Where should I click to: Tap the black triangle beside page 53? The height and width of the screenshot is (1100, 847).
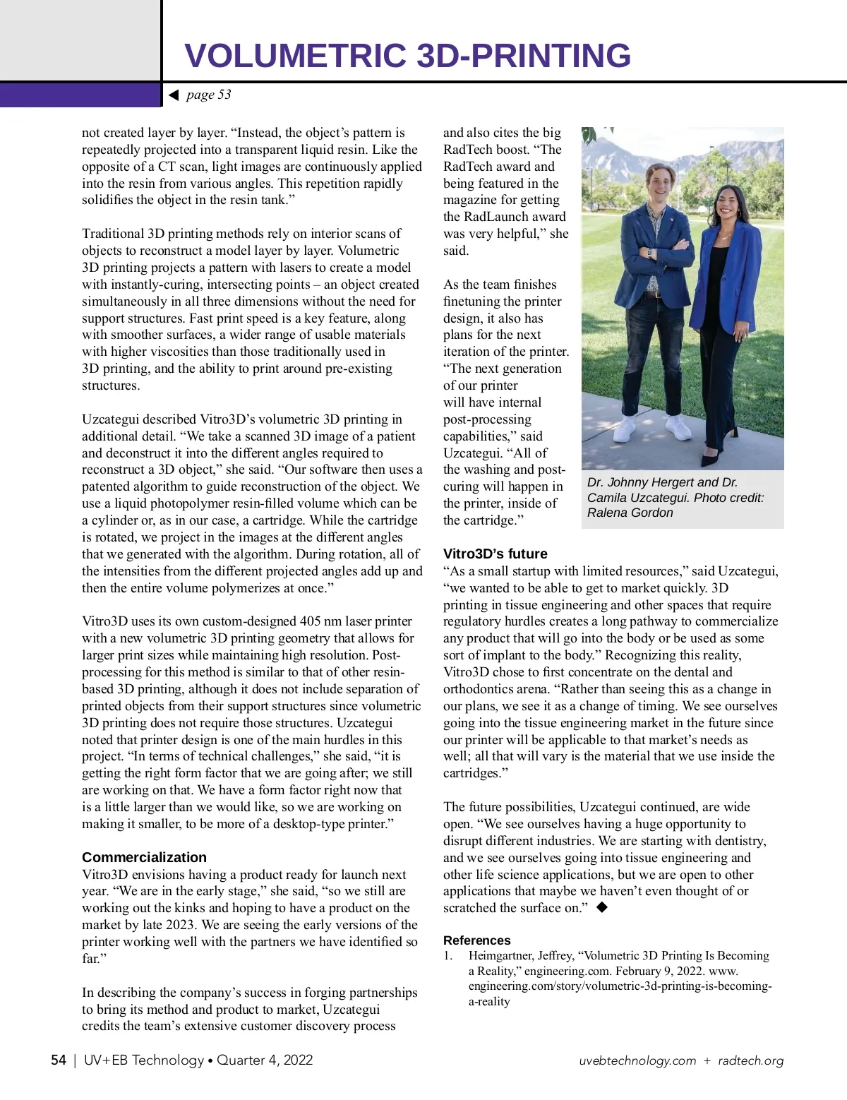174,95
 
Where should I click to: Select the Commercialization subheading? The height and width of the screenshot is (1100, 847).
144,857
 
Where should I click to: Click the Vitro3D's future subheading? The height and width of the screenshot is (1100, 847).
495,554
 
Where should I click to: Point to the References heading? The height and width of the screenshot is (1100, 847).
476,940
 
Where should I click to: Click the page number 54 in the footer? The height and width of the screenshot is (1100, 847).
59,1060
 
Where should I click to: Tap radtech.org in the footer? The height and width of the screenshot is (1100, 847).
750,1061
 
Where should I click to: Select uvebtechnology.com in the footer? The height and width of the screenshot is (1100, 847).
637,1061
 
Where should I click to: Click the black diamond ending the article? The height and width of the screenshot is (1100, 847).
601,907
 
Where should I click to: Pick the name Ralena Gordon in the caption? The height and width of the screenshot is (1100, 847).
630,513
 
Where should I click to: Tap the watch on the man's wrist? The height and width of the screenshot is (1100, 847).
649,252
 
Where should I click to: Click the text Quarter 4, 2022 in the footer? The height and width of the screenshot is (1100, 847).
264,1060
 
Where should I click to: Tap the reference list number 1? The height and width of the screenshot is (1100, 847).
447,955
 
